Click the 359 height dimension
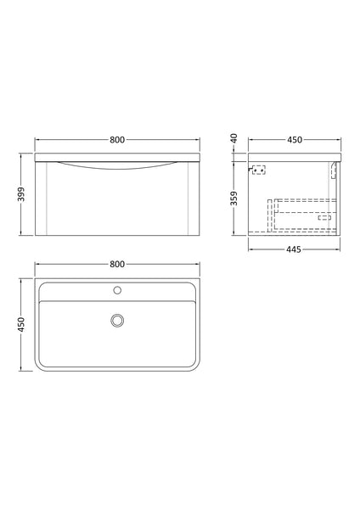click(237, 201)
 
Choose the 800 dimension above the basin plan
click(119, 263)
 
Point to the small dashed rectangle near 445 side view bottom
click(323, 217)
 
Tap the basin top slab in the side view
click(293, 157)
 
